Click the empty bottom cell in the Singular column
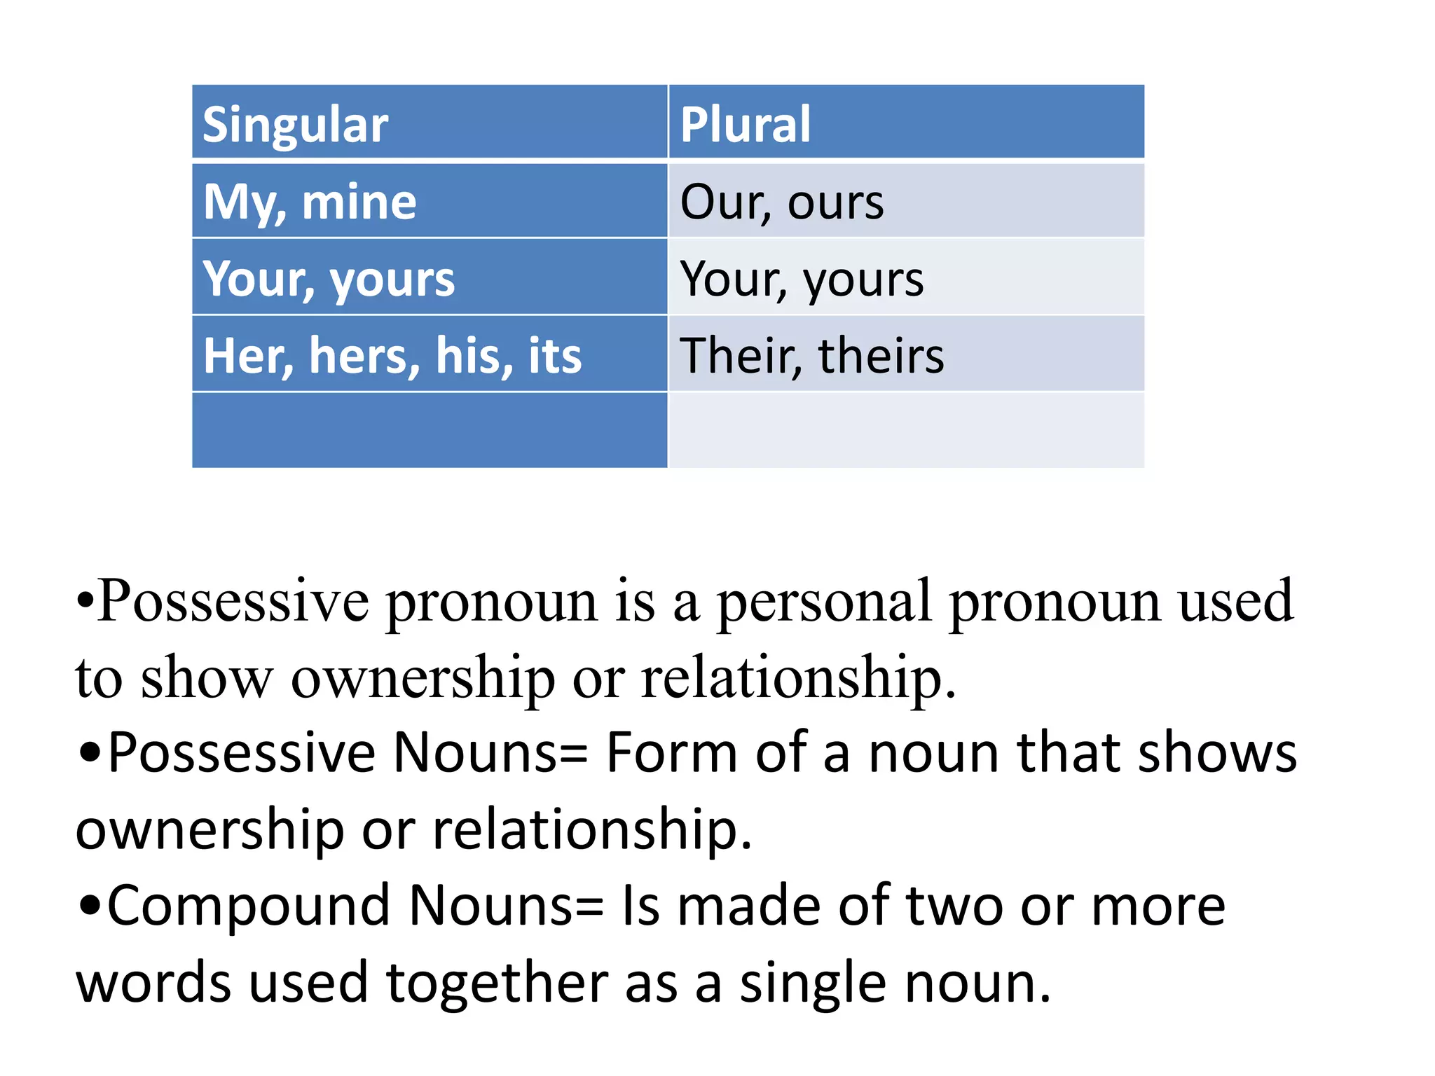point(429,429)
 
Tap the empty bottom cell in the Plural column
point(905,429)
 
